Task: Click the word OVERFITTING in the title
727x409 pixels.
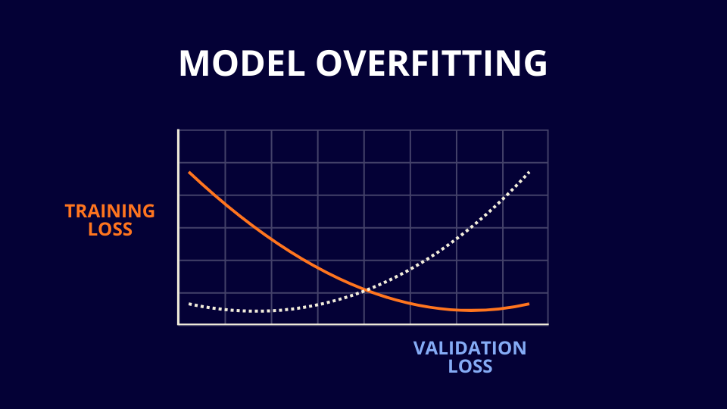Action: (432, 64)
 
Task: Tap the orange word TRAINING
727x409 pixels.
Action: (110, 211)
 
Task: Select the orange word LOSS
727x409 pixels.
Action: (110, 229)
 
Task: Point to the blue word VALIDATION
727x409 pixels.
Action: (470, 348)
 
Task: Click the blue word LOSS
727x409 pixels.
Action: (470, 367)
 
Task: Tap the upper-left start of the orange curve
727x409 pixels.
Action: (189, 173)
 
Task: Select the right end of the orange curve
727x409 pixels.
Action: (529, 304)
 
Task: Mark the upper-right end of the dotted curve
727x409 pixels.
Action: (529, 172)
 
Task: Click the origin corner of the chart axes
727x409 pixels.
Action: (179, 324)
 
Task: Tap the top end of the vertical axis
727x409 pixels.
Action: (179, 130)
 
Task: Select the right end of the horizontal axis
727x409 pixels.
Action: (548, 324)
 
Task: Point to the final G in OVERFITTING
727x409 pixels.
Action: (535, 64)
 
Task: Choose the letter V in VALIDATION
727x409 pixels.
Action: (420, 348)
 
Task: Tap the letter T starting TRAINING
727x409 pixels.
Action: (70, 211)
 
